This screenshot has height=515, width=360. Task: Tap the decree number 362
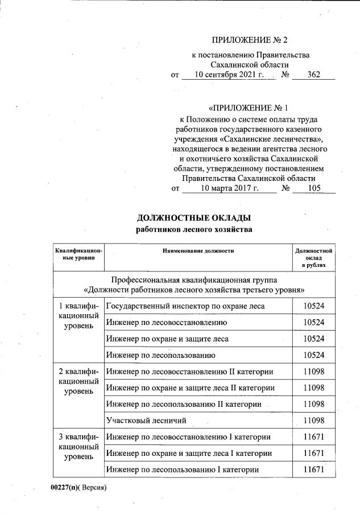click(x=314, y=75)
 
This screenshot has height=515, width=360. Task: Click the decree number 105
click(x=314, y=188)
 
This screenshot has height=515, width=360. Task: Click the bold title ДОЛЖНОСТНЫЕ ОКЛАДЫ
click(x=194, y=219)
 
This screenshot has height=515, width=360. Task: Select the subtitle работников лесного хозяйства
click(x=194, y=230)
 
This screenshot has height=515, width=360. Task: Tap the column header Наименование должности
click(x=198, y=250)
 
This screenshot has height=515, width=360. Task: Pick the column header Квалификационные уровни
click(x=79, y=254)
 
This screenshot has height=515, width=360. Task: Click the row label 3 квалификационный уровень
click(x=79, y=447)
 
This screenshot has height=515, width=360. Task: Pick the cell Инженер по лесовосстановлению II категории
click(x=189, y=372)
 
